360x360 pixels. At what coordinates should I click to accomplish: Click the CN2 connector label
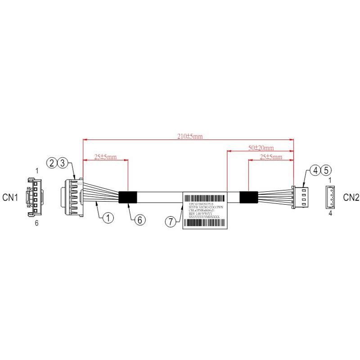coord(351,197)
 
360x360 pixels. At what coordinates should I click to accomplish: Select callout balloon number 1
coord(108,218)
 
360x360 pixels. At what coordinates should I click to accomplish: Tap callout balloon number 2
coord(53,162)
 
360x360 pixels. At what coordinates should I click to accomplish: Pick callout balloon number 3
coord(63,162)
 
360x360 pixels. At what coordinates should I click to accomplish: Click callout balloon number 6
coord(139,220)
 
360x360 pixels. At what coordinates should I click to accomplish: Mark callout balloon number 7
coord(170,221)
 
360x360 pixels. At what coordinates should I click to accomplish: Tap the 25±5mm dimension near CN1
coord(105,157)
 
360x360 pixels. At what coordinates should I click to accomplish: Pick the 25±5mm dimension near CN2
coord(271,157)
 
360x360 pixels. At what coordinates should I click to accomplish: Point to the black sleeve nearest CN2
coord(248,198)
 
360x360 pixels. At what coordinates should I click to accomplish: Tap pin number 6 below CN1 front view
coord(37,223)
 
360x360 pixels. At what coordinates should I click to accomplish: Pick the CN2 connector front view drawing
coord(330,197)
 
